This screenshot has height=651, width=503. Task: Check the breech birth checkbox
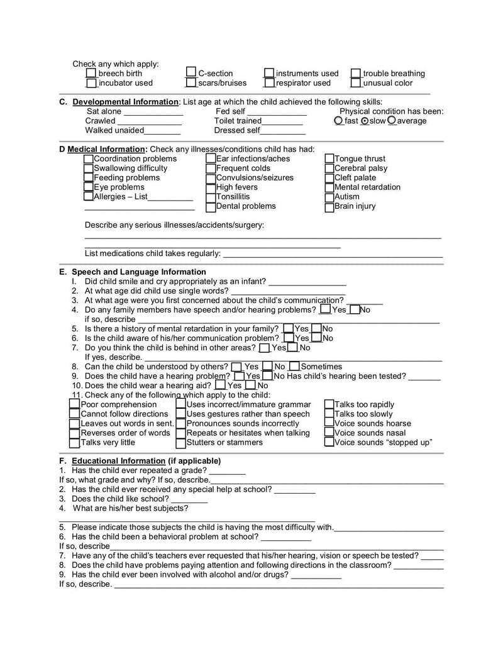coord(91,74)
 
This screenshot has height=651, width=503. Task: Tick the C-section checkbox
coord(191,73)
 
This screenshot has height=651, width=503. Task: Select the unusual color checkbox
coord(356,82)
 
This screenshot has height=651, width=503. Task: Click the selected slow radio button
coord(365,121)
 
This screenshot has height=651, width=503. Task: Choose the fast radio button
coord(339,121)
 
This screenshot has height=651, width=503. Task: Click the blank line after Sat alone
coord(153,113)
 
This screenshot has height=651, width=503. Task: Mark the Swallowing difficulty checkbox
coord(89,169)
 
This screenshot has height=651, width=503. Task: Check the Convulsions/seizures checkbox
coord(211,178)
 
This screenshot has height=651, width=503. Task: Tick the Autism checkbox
coord(329,197)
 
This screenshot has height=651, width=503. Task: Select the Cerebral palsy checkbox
coord(329,169)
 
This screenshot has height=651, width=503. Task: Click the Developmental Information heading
coord(125,102)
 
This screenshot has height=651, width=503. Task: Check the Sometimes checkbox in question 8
coord(294,366)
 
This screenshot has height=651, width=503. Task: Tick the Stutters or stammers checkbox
coord(181,442)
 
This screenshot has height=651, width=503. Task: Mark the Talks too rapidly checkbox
coord(329,404)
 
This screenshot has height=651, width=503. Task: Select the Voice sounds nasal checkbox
coord(329,433)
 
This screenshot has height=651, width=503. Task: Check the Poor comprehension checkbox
coord(75,404)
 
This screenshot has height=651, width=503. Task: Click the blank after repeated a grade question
coord(227,471)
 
